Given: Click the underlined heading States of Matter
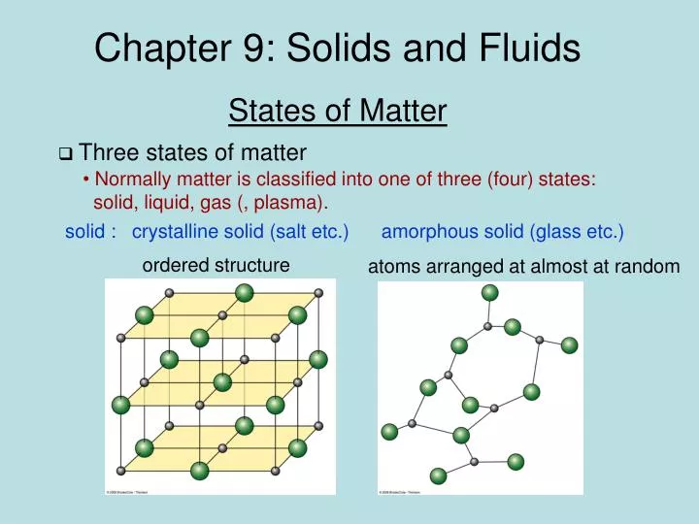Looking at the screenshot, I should tap(337, 112).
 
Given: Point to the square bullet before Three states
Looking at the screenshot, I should tap(65, 153).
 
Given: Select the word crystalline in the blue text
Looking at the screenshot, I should tap(178, 232).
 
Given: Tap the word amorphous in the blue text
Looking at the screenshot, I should tap(428, 232).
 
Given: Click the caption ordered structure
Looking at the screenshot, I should tap(215, 265).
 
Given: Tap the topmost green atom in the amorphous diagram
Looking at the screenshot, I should tap(490, 293).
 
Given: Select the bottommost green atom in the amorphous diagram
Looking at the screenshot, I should tap(439, 475).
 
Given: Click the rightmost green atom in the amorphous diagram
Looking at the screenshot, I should tap(569, 344).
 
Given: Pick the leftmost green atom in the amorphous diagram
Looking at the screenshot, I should tap(389, 432).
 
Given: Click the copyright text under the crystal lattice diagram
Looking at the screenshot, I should tap(126, 491).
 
